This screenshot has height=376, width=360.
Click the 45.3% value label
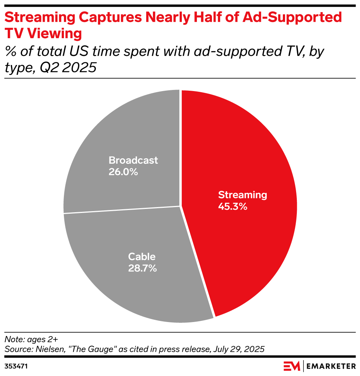click(x=233, y=206)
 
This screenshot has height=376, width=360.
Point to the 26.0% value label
click(x=123, y=171)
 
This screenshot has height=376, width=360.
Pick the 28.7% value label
click(x=142, y=268)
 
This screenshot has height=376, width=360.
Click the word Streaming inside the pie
click(x=242, y=195)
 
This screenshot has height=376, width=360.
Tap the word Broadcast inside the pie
click(x=133, y=160)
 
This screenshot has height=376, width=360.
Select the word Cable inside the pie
click(x=142, y=257)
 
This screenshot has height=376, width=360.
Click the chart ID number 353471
click(x=16, y=366)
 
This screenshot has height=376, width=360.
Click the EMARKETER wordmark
click(x=331, y=366)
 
